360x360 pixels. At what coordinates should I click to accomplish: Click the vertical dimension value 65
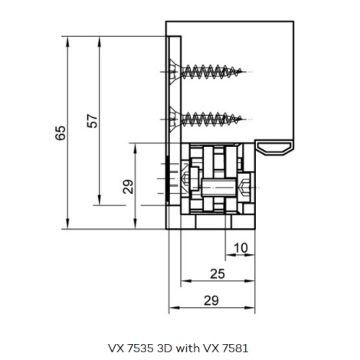tap(61, 133)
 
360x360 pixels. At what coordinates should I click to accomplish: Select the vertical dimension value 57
tap(93, 121)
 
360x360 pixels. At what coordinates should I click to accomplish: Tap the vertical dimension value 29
tap(128, 187)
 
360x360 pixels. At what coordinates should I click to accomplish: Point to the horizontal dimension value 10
tap(241, 247)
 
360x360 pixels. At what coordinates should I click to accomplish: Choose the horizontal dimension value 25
tap(218, 274)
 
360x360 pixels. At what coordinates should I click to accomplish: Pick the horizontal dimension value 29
tap(211, 301)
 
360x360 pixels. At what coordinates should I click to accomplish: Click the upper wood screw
tap(205, 71)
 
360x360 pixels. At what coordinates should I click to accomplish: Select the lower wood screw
tap(205, 119)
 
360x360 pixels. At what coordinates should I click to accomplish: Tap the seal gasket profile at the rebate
tap(274, 148)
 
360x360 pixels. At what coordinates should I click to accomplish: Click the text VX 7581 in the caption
tap(226, 348)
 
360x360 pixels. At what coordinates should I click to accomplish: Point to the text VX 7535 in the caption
tap(131, 348)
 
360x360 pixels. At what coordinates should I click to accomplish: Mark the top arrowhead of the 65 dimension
tap(67, 41)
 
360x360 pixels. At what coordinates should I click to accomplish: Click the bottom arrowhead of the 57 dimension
tap(100, 200)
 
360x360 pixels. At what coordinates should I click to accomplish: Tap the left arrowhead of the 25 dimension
tap(186, 281)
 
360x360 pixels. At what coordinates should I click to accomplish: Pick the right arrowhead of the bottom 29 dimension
tap(250, 308)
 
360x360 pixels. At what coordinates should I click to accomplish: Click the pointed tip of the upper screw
tap(241, 71)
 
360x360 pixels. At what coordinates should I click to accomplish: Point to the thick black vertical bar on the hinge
tap(168, 178)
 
